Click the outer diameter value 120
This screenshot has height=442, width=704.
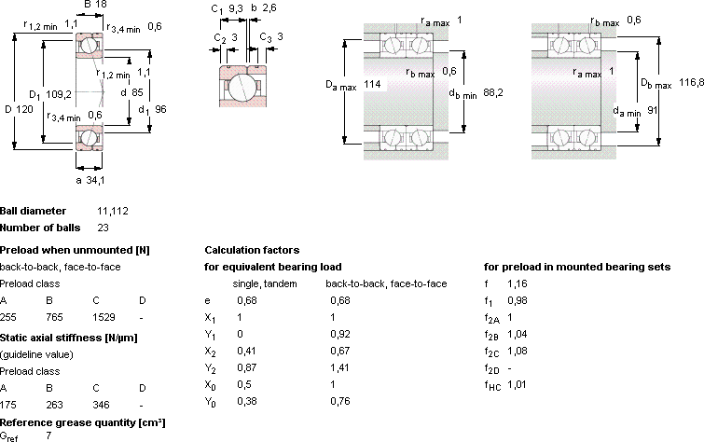(x=25, y=109)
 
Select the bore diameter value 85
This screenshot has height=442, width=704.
(x=137, y=92)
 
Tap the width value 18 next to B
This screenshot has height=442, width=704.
(x=101, y=4)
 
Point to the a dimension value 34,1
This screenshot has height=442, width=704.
(x=95, y=180)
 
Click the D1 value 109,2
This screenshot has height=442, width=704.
(x=59, y=94)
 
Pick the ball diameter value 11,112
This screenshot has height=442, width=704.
(x=113, y=211)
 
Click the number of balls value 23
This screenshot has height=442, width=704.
(x=103, y=228)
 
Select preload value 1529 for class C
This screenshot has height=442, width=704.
(x=104, y=317)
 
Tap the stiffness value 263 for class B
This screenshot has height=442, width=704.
(x=54, y=405)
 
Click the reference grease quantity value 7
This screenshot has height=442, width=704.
(x=48, y=435)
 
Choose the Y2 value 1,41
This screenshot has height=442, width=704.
(x=339, y=367)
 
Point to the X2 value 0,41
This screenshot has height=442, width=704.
(x=247, y=351)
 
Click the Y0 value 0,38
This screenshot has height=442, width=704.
(x=247, y=401)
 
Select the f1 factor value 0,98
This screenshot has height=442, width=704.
(x=518, y=300)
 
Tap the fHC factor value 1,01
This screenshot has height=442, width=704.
(x=517, y=384)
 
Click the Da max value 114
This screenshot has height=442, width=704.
(x=372, y=84)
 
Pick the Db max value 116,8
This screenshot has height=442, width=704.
(x=692, y=82)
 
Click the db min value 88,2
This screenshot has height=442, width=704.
(x=493, y=93)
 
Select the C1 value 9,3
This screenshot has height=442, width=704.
(x=236, y=9)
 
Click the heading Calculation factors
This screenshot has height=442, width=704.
(x=252, y=250)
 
